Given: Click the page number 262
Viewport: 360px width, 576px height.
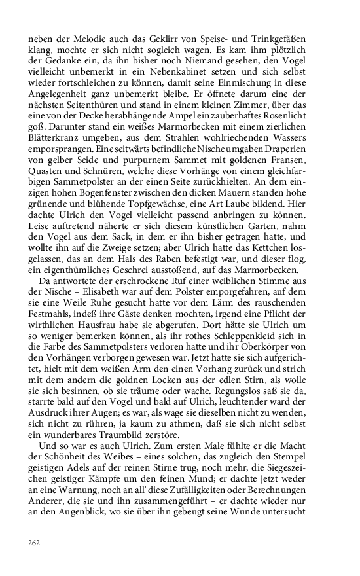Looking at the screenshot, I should [33, 543].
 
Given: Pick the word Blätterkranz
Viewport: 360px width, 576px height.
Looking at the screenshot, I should [56, 141].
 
